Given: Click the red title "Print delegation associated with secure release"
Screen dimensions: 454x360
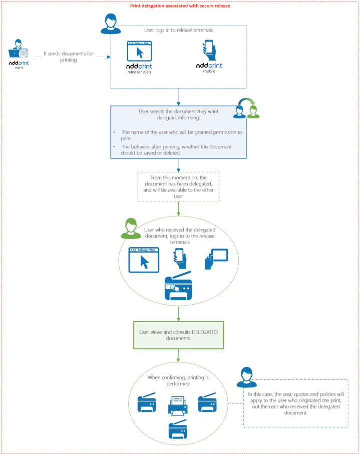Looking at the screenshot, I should pos(180,6).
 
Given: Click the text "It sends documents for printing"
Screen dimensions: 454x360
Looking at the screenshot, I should pos(68,57).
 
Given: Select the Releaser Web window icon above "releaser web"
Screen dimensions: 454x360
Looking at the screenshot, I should pos(140,51).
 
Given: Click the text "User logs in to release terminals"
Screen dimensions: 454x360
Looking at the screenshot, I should pos(179,30).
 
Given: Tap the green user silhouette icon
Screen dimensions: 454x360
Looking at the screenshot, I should pos(131,229).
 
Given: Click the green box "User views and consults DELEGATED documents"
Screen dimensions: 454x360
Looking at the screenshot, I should pos(179,335).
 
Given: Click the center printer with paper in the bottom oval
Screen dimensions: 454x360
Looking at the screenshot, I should pos(179,405).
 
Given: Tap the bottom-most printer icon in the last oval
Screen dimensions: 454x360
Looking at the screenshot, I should pos(178,429).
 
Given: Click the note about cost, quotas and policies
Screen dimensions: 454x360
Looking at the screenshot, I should pos(296,403).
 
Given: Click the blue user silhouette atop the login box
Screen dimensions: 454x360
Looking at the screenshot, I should pos(111,24).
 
